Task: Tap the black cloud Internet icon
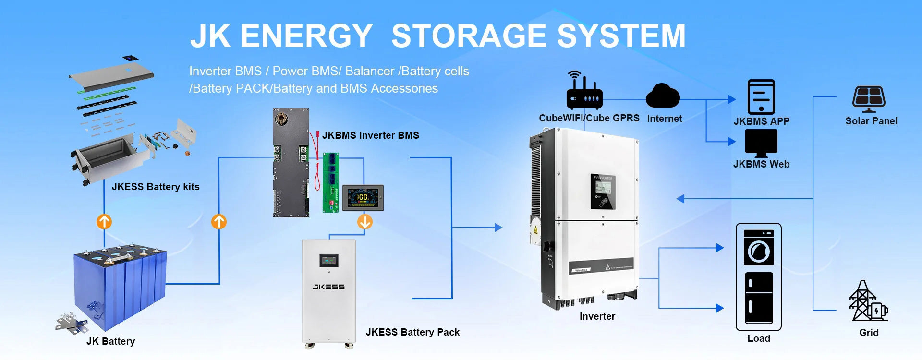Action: point(663,96)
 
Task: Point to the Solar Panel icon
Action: point(869,99)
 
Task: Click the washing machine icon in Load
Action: point(758,248)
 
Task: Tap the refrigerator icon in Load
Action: point(759,298)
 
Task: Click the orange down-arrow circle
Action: point(365,222)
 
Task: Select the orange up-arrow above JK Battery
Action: point(104,222)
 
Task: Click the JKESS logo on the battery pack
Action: point(328,287)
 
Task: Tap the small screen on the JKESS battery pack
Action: point(329,261)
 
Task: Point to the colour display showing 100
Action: point(362,197)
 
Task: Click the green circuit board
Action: point(331,182)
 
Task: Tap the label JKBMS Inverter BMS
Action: point(370,135)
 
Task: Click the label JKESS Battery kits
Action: point(155,187)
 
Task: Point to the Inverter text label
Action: point(597,316)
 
